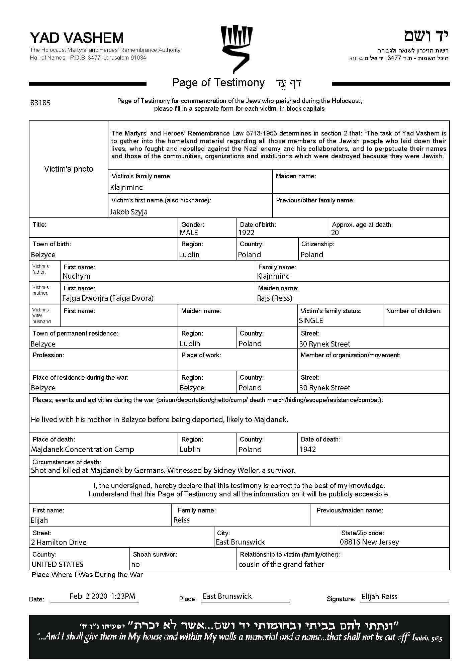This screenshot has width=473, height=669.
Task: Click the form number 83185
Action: point(40,103)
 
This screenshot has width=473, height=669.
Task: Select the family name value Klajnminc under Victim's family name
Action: point(126,187)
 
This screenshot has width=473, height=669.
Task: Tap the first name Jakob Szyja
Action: point(128,212)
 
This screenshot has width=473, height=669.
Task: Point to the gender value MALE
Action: point(189,232)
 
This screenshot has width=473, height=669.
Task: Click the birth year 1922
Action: point(246,232)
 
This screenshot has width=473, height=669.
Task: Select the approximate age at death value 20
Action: point(335,232)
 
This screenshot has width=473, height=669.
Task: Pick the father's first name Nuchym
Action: point(76,276)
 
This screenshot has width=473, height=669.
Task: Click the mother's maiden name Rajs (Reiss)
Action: point(274,298)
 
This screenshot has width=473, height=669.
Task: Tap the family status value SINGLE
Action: point(311,320)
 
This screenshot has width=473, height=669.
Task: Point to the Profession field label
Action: point(48,355)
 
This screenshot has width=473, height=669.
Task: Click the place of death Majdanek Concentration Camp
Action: point(82,449)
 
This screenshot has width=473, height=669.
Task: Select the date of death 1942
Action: point(307,449)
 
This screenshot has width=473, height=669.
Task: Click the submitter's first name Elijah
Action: point(39,520)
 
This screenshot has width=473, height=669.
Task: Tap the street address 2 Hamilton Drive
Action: point(59,542)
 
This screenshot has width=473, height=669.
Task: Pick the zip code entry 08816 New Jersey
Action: point(369,542)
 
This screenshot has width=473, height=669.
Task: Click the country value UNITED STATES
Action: point(57,564)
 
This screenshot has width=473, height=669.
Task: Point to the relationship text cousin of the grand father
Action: point(281,564)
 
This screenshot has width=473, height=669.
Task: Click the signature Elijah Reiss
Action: point(379,596)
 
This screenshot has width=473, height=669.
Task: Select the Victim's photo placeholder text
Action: point(69,169)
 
